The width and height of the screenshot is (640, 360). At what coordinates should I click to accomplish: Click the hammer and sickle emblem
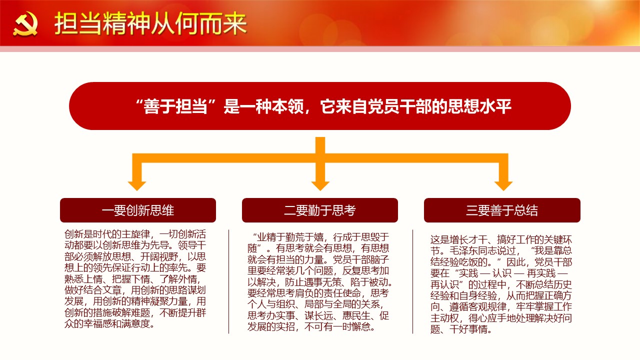coord(25,24)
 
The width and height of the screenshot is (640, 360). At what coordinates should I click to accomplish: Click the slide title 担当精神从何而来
coord(150,23)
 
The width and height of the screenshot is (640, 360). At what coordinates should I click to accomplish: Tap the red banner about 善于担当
coord(320,106)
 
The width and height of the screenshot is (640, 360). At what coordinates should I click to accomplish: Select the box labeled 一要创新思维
coord(138,210)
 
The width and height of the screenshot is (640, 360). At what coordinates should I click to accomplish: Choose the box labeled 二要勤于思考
coord(320,210)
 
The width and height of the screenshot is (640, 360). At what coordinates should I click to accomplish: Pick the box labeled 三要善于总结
coord(502,210)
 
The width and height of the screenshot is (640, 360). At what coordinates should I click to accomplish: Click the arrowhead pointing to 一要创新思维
coord(137,185)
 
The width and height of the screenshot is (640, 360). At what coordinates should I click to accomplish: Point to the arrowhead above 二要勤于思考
coord(320,185)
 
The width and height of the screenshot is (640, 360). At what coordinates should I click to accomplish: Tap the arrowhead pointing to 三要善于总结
coord(503,185)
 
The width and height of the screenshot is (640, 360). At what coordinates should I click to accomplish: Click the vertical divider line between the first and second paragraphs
coord(229,281)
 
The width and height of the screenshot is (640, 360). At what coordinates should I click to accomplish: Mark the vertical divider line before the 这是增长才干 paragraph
coord(413,281)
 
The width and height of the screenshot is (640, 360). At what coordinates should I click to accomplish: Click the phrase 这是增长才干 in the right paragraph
coord(459,239)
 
